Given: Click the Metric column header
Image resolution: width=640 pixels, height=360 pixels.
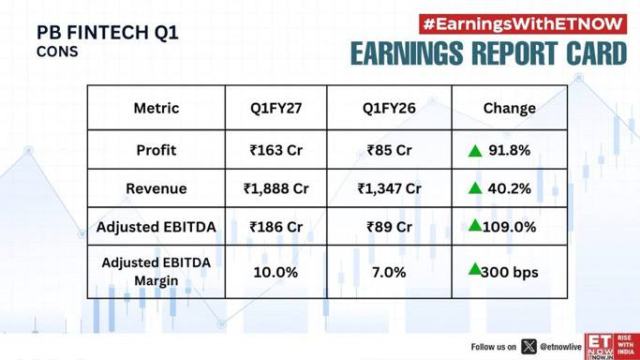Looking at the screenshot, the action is (x=156, y=108).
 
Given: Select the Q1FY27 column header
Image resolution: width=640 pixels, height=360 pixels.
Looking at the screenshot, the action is (x=275, y=108).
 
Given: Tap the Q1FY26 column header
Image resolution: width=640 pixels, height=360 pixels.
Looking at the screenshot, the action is (x=389, y=108).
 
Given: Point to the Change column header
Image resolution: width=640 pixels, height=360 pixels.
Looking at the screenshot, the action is (x=510, y=108).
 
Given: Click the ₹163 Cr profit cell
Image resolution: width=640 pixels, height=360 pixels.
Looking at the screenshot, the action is (x=275, y=150).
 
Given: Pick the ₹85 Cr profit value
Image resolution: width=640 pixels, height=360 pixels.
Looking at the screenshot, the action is (x=389, y=150).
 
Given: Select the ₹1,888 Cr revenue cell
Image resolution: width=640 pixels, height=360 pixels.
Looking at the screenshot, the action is (x=275, y=188).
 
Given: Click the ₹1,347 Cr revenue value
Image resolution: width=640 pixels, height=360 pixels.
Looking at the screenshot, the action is (x=389, y=188).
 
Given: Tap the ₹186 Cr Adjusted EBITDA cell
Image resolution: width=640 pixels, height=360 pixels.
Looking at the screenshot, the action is (x=275, y=227).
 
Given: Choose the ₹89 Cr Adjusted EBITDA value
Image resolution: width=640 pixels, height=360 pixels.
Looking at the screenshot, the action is (x=389, y=227).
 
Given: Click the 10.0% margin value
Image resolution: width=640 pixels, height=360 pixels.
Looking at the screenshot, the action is (x=275, y=272).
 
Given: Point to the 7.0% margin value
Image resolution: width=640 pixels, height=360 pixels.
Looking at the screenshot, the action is (x=389, y=272).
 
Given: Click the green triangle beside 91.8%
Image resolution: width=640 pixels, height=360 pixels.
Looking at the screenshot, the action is (x=475, y=151).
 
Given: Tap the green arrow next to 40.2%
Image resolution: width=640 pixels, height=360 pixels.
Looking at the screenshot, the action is (x=475, y=188).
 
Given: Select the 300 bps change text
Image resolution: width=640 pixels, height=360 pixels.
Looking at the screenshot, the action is (x=510, y=272).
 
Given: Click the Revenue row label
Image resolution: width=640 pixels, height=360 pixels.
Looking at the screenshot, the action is (x=156, y=188).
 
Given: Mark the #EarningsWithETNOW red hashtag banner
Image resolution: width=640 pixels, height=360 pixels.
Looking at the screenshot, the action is (x=523, y=24).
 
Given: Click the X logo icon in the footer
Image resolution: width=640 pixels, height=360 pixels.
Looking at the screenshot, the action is (x=529, y=347).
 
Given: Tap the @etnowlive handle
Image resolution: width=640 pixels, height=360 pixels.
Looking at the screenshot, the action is (x=560, y=347).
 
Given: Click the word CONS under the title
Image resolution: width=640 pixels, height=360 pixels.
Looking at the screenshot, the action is (x=57, y=52).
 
